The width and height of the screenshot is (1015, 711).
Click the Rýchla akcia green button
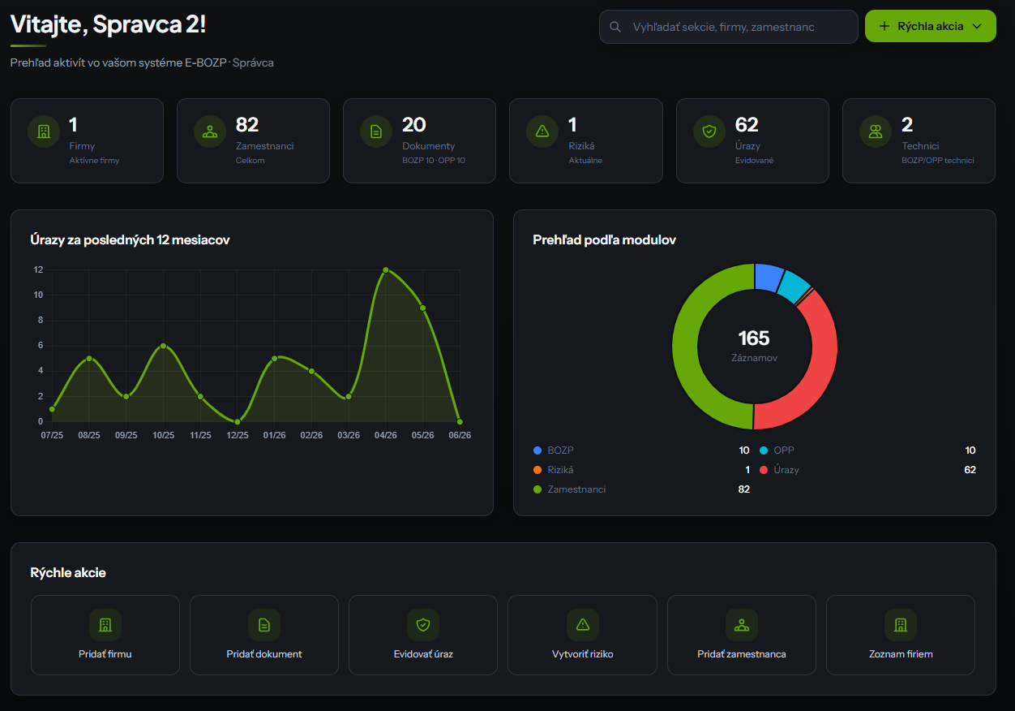[930, 26]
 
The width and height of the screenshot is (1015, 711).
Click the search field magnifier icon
[615, 27]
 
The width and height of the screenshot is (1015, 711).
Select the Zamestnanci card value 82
[247, 125]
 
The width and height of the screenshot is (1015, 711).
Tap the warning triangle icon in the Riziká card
[542, 131]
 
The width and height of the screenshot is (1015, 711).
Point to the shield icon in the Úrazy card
[709, 131]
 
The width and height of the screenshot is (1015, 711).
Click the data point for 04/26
[386, 270]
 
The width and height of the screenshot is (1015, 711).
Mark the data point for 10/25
[164, 347]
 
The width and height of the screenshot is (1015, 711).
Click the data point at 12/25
[237, 422]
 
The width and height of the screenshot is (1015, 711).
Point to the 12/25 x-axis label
[237, 435]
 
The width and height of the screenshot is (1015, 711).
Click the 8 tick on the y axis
[41, 320]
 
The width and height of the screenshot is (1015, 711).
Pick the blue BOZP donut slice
[769, 277]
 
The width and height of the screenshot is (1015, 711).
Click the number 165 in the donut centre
[753, 338]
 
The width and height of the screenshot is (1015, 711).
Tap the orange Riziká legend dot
[537, 470]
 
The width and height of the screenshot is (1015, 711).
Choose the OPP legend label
[783, 450]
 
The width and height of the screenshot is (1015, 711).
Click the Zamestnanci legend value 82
[743, 489]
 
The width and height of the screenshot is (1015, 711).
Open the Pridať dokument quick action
[264, 635]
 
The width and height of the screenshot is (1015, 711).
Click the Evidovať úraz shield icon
[423, 625]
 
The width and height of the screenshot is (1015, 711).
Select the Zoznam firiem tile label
[901, 654]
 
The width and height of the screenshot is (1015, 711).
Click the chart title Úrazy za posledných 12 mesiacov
[130, 239]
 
